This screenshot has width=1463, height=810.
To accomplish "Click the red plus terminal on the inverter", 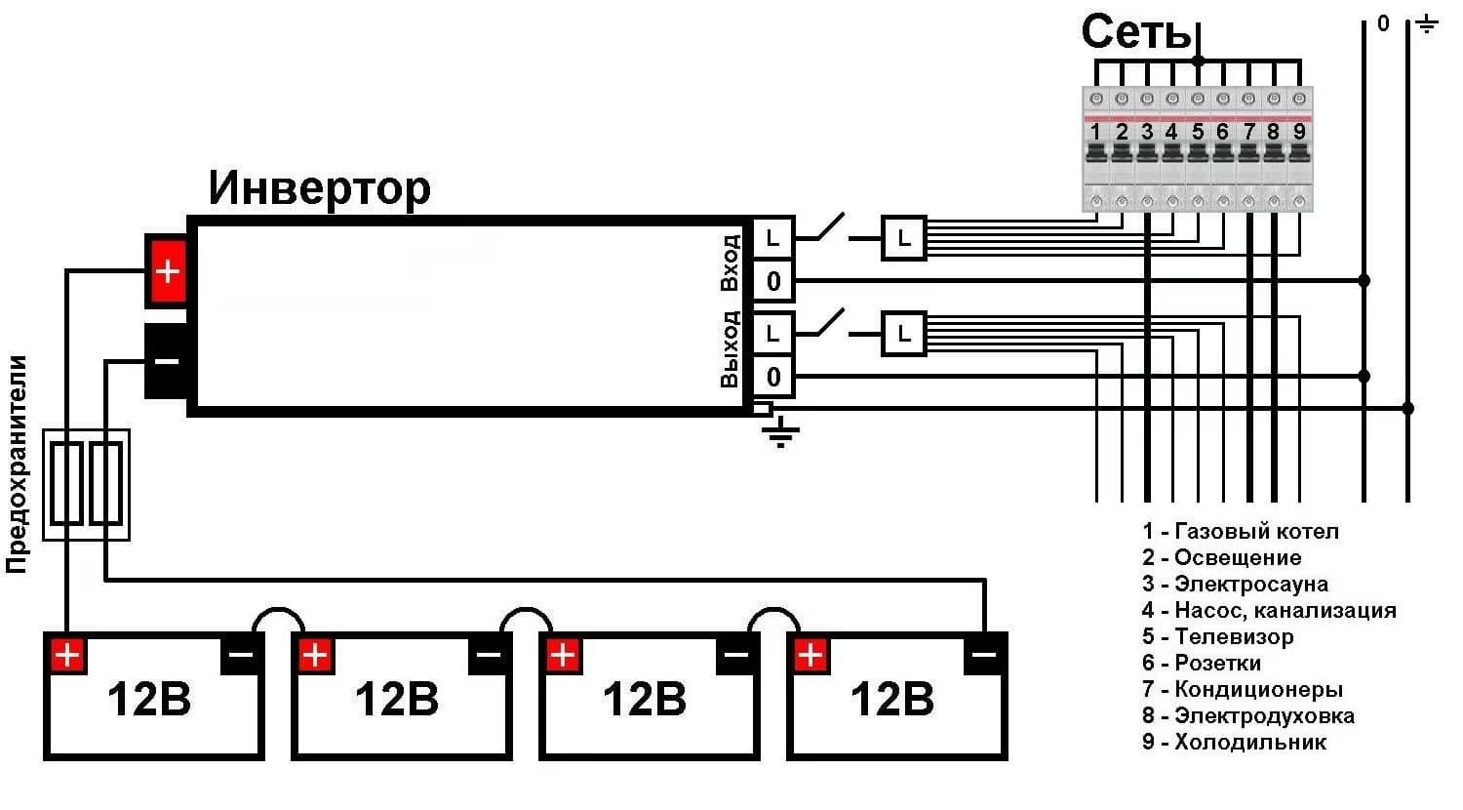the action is click(x=168, y=270).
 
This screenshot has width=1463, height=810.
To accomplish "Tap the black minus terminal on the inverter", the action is click(x=167, y=361).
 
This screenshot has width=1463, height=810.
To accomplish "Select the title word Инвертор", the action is click(x=319, y=189).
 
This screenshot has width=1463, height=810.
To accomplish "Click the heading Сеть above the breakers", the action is click(x=1136, y=32).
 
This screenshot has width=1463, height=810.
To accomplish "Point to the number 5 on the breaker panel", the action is click(x=1197, y=132).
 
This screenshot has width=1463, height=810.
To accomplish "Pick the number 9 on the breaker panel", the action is click(x=1299, y=132).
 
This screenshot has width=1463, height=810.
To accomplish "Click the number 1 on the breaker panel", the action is click(x=1095, y=132).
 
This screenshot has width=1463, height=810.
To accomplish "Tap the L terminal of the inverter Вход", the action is click(x=773, y=238).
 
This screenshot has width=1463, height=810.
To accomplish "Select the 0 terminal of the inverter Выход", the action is click(x=773, y=377).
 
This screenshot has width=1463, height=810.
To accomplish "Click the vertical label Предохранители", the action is click(x=18, y=465).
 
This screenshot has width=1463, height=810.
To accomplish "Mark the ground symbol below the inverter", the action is click(x=780, y=432).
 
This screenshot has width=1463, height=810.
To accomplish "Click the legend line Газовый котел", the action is click(x=1241, y=531).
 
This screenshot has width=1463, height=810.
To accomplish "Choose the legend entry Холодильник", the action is click(x=1235, y=742).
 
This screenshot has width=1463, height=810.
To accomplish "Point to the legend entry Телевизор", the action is click(x=1218, y=636).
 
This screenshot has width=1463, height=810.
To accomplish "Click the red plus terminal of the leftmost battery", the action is click(x=67, y=655).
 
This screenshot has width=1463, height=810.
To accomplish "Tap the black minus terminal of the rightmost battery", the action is click(x=985, y=654).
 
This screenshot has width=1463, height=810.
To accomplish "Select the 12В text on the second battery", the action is click(x=396, y=699).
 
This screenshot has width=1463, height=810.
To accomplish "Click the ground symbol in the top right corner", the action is click(x=1428, y=24).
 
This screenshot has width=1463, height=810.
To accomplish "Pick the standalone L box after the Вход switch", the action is click(x=904, y=238).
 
